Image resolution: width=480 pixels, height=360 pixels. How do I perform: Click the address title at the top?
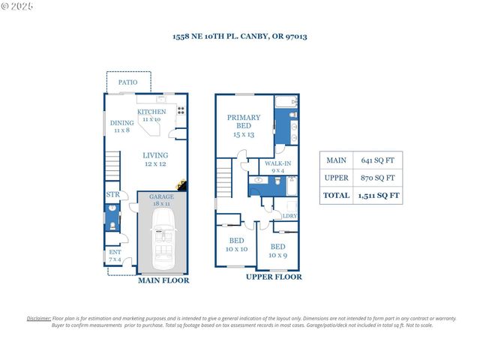pyautogui.click(x=239, y=36)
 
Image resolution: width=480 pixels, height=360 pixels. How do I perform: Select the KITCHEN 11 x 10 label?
pyautogui.click(x=151, y=115)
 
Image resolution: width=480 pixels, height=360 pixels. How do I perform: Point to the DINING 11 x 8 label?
pyautogui.click(x=121, y=126)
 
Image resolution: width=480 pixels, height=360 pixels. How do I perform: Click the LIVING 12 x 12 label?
pyautogui.click(x=156, y=160)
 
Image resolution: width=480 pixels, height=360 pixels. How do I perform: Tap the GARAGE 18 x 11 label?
pyautogui.click(x=161, y=199)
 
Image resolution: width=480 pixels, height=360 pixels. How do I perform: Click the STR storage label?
pyautogui.click(x=112, y=195)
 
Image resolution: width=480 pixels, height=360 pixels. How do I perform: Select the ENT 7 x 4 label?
pyautogui.click(x=115, y=256)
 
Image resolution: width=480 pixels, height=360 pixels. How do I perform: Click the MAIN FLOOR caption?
pyautogui.click(x=163, y=281)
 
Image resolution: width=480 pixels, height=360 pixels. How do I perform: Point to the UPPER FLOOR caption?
pyautogui.click(x=274, y=277)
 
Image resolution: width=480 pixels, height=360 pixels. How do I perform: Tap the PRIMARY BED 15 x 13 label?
pyautogui.click(x=244, y=125)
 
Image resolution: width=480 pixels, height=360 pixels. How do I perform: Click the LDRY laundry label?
pyautogui.click(x=289, y=216)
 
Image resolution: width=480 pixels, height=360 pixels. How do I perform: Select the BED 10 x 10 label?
pyautogui.click(x=237, y=244)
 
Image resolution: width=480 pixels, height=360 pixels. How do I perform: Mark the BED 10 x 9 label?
pyautogui.click(x=277, y=250)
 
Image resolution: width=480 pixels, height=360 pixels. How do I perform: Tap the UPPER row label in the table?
pyautogui.click(x=337, y=178)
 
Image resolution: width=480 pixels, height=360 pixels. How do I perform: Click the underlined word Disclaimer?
pyautogui.click(x=39, y=319)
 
